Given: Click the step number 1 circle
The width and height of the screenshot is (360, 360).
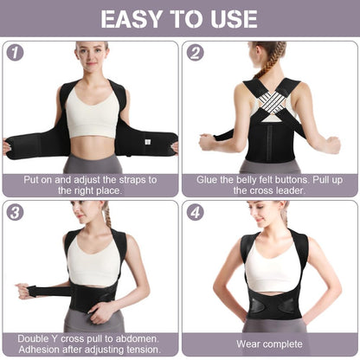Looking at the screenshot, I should pos(15,52).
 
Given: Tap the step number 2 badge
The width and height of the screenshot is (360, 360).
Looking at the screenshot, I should pos(196,52).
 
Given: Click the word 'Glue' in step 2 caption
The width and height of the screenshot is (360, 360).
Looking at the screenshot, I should pos(207,179).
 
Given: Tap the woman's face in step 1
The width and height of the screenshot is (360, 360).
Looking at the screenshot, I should pos(91,55).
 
